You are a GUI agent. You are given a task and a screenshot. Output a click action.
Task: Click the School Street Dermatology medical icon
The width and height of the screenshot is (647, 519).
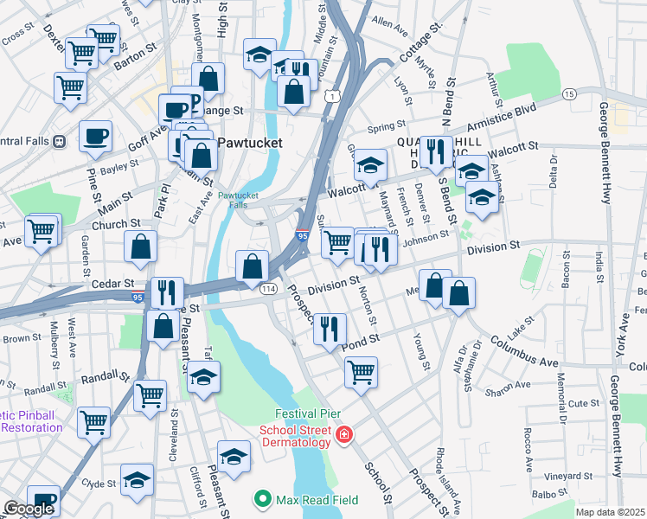click(x=344, y=433)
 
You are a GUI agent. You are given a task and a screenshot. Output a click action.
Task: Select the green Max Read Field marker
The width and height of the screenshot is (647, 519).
click(x=262, y=498)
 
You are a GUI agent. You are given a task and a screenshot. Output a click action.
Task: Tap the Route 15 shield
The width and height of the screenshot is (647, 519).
click(x=569, y=93)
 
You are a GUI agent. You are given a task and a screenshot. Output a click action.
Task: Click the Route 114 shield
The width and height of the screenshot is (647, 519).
click(x=270, y=289)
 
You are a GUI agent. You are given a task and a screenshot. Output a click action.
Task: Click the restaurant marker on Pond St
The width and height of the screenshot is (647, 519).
click(x=330, y=328)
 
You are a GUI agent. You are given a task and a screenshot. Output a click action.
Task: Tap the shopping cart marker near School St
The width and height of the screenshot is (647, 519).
click(x=361, y=372)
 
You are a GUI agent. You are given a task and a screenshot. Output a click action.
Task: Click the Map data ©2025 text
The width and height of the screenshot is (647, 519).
click(x=609, y=512)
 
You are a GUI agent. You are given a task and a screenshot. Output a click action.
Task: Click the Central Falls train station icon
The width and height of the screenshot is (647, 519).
click(x=60, y=141)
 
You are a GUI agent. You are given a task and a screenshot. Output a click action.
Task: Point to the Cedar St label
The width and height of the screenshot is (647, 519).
click(x=114, y=283)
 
